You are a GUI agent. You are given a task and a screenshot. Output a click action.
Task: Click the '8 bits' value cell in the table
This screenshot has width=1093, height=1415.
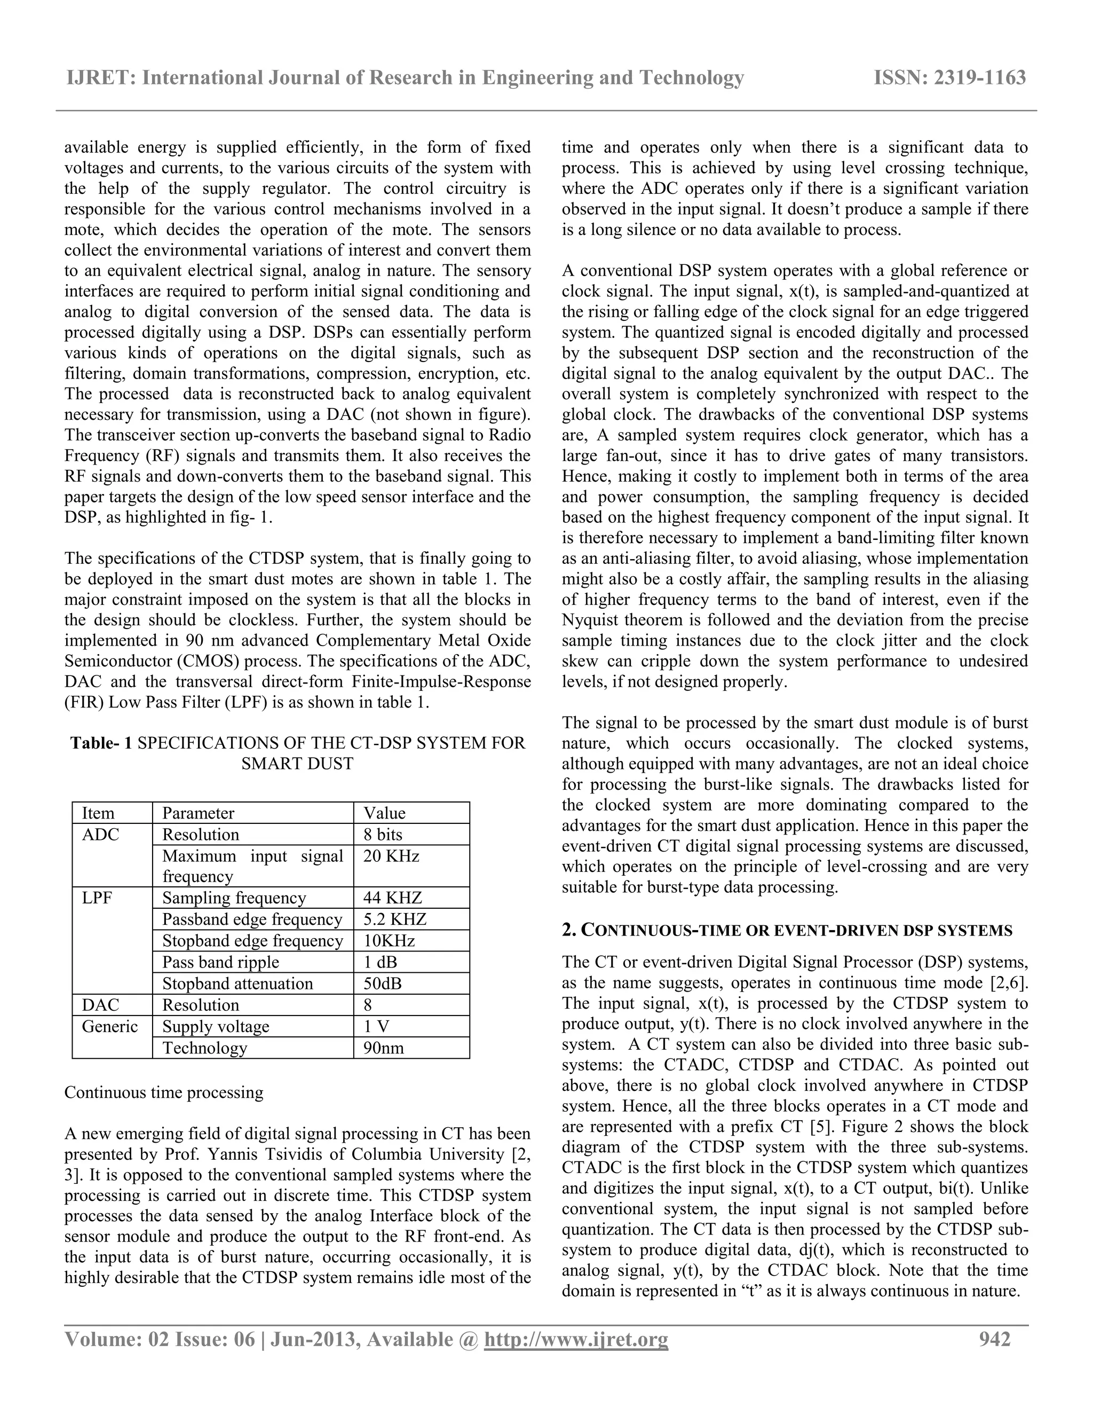383,835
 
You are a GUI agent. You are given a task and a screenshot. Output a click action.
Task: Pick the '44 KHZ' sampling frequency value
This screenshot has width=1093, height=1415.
392,898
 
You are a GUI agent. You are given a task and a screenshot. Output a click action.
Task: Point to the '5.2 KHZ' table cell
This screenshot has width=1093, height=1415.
395,919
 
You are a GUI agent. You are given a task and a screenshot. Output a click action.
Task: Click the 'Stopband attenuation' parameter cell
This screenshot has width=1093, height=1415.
237,984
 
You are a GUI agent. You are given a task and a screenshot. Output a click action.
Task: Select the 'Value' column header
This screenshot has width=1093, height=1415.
385,813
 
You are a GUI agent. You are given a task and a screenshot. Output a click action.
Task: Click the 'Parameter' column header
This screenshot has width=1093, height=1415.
198,813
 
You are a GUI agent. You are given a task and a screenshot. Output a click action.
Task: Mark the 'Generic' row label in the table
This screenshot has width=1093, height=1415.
109,1027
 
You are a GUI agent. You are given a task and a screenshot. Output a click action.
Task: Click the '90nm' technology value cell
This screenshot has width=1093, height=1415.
383,1048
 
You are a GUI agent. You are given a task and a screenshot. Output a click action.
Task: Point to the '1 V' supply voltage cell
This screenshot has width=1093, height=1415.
376,1027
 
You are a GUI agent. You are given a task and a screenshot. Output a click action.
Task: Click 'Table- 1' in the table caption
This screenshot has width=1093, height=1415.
101,743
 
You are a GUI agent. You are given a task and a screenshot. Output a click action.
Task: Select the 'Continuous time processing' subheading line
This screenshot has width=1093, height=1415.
164,1093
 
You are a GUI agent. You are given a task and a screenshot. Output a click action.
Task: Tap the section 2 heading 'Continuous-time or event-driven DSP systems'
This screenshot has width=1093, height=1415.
787,931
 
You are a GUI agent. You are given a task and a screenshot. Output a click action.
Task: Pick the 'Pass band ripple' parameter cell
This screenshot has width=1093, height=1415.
220,962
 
